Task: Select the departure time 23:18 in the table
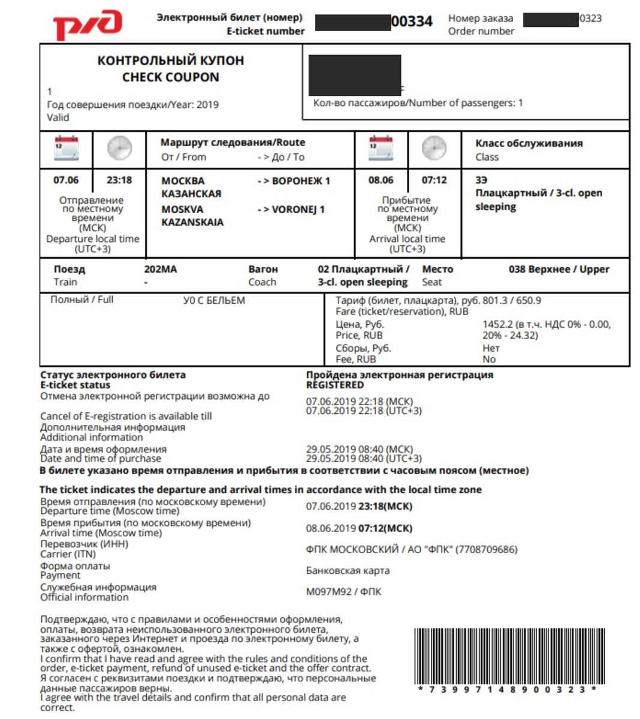tap(119, 180)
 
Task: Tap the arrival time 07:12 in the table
tap(434, 180)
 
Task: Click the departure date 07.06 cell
tap(66, 180)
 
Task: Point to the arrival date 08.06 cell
tap(381, 180)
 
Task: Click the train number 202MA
tap(161, 269)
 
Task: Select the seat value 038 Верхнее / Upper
tap(559, 269)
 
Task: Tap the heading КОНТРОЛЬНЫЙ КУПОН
tap(171, 61)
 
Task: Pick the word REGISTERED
tap(334, 385)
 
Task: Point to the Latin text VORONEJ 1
tap(298, 209)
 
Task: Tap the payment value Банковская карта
tap(348, 570)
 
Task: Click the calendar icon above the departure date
tap(66, 148)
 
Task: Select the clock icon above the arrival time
tap(434, 148)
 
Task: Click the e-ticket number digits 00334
tap(412, 22)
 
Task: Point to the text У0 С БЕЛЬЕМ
tap(214, 300)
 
